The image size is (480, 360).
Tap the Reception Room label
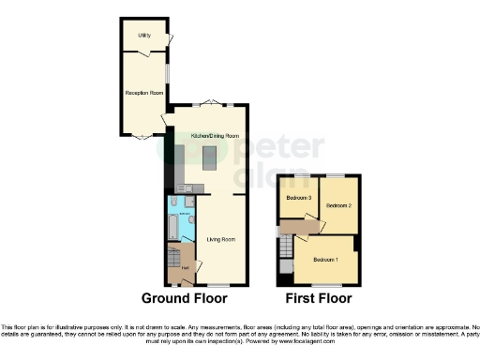point(144,93)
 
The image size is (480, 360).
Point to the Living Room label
point(220,239)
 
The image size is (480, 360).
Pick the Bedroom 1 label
point(325,259)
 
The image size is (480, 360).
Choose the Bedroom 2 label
point(337,204)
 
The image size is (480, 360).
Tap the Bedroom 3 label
point(298,198)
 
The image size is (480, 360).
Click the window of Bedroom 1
point(322,284)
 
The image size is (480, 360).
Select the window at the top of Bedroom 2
point(336,175)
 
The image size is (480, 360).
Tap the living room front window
point(219,284)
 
